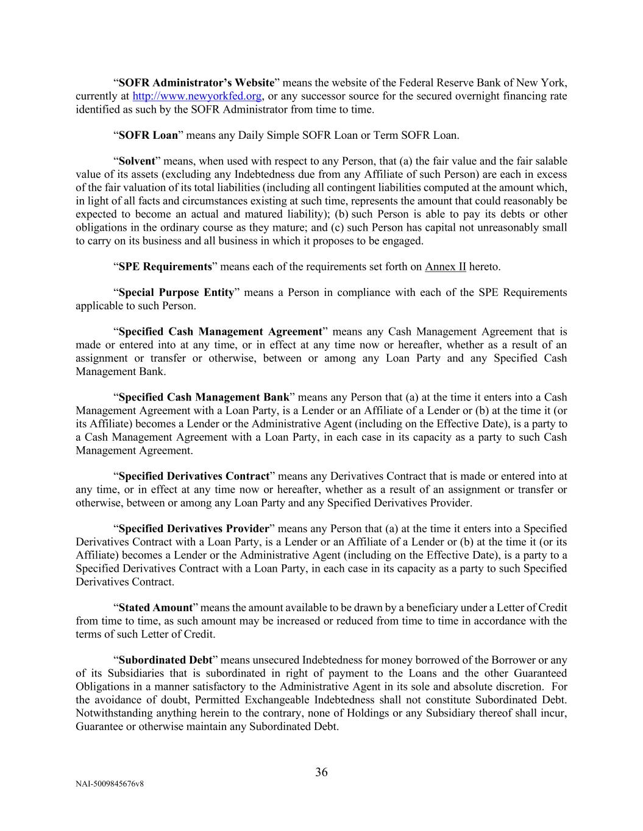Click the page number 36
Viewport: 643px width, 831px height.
321,772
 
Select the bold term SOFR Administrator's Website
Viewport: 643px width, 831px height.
196,83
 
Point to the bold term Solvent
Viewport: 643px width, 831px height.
137,161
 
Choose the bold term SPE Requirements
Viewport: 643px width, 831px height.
165,267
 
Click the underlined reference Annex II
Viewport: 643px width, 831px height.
445,267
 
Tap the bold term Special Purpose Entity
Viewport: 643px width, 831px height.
176,292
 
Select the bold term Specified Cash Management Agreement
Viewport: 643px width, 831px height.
220,332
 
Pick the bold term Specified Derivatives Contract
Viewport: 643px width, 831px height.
194,476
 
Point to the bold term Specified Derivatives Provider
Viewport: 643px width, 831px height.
194,528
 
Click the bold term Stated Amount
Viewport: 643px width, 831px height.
155,608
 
